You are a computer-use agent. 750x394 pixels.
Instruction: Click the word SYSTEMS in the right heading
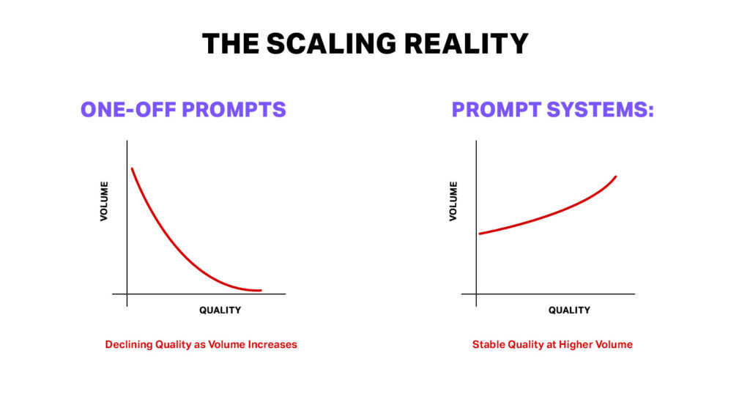[595, 110]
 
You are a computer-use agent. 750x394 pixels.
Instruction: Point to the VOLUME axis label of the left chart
[105, 201]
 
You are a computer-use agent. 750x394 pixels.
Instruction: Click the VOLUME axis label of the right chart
[453, 201]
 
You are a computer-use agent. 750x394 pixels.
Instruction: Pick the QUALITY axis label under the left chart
[220, 311]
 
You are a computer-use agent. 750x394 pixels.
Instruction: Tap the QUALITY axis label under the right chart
[569, 311]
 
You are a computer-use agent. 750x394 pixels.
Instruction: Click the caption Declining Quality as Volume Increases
[201, 344]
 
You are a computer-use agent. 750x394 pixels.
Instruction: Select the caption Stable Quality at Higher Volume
[552, 344]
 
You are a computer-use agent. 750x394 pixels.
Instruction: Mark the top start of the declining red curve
[132, 169]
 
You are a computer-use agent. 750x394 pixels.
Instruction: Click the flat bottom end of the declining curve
[259, 291]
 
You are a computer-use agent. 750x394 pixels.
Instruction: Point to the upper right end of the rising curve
[615, 176]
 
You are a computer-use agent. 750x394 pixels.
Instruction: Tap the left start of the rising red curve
[480, 234]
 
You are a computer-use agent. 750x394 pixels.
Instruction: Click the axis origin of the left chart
[127, 294]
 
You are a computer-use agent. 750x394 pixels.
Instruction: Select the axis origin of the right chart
[476, 294]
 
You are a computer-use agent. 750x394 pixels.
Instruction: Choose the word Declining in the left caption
[127, 344]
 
